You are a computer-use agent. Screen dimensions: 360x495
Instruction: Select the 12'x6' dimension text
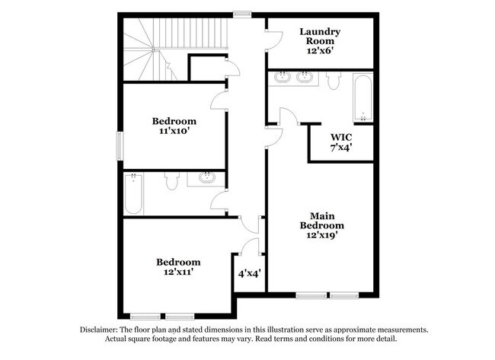(x=319, y=50)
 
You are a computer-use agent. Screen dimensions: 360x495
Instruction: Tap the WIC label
(x=340, y=137)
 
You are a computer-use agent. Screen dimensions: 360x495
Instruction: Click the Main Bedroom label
(x=321, y=220)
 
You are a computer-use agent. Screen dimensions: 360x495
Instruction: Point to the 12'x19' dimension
(x=321, y=236)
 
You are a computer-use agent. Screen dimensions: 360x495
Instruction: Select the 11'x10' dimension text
(x=174, y=132)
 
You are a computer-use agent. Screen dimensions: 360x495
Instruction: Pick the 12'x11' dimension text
(x=178, y=272)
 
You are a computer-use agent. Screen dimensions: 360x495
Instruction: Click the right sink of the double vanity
(x=305, y=76)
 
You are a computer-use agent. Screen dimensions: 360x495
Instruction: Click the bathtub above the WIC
(x=363, y=97)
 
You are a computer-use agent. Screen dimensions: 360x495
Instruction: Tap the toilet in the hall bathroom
(x=171, y=180)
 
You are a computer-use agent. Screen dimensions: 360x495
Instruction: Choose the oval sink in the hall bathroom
(x=207, y=178)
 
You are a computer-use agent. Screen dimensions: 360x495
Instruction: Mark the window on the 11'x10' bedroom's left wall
(x=118, y=145)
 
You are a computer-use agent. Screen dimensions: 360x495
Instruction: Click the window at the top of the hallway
(x=242, y=13)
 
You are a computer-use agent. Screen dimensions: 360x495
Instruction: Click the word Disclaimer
(x=102, y=330)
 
